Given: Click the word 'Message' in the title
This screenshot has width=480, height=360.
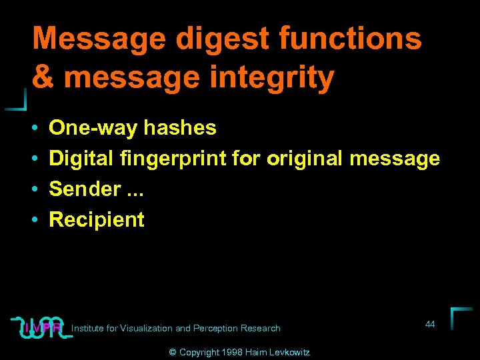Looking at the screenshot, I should coord(98,39).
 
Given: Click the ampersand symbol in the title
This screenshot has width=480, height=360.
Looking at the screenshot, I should coord(43,77).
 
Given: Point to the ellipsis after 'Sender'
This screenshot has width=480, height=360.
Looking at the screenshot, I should coord(135,192).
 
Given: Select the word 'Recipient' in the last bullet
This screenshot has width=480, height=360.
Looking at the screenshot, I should coord(97,219).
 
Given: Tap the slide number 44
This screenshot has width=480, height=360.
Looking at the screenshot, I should coord(430,324).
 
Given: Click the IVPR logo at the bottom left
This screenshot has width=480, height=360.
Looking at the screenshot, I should coord(41,327).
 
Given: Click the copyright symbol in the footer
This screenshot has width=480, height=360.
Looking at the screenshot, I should coord(172,352).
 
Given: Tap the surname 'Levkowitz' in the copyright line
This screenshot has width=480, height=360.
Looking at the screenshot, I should coord(289,352).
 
